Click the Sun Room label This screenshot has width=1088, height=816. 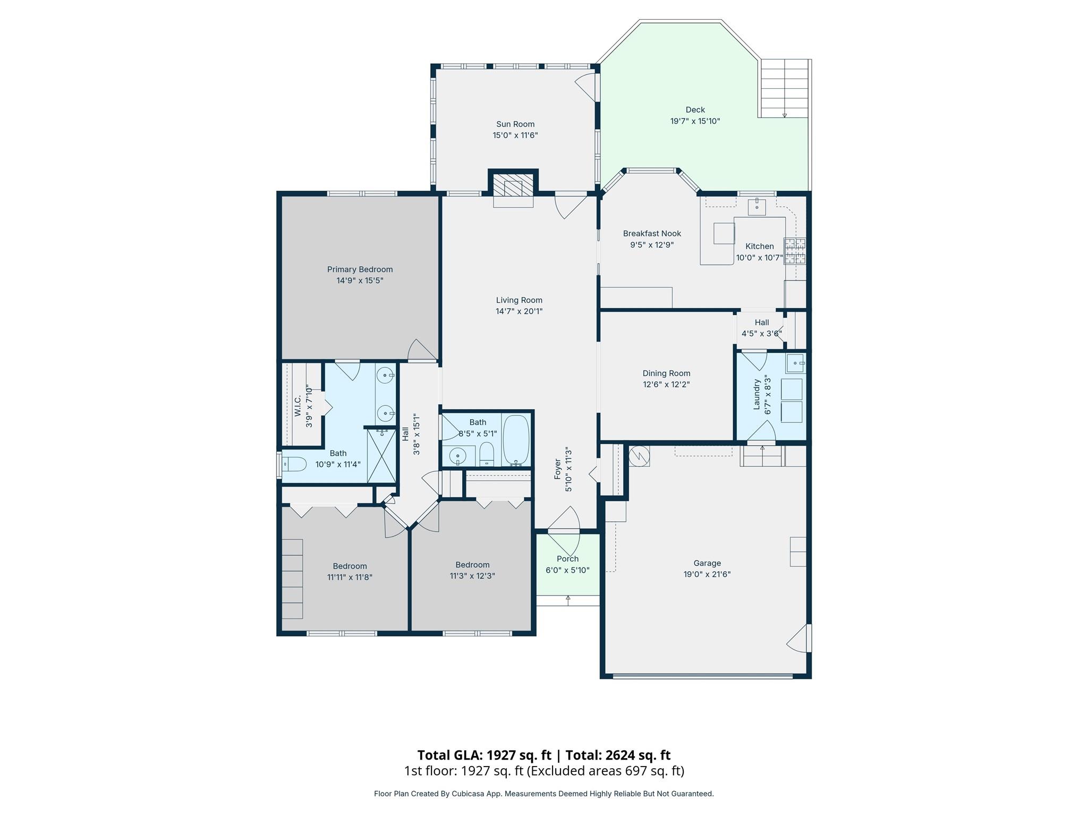515,124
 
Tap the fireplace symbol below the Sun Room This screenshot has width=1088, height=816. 513,186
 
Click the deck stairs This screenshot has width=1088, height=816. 784,88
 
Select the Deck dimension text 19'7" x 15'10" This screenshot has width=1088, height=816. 695,121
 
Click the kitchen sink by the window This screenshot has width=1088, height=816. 756,206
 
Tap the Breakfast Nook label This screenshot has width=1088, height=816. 652,234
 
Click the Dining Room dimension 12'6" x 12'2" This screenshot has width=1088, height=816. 666,385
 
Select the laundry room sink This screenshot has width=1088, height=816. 795,364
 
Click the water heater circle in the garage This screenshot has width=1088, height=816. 640,456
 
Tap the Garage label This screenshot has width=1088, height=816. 707,563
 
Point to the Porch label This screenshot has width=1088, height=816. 567,559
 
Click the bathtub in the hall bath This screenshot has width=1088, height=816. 516,440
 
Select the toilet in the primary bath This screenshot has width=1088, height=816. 294,464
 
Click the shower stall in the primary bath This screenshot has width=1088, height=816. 382,455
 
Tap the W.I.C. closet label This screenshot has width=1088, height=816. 298,406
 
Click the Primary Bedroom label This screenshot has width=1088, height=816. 360,269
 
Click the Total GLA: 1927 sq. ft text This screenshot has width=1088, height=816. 484,755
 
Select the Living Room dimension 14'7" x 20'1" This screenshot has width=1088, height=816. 519,311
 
